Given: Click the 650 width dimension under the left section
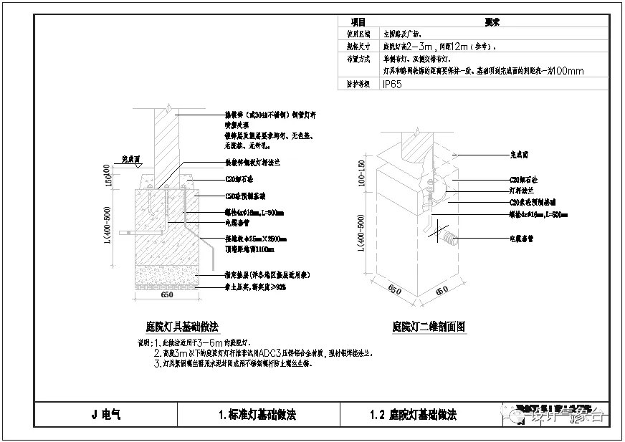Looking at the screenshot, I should [166, 294].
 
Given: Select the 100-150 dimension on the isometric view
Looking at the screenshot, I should [362, 176].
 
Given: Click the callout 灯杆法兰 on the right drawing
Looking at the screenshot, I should [522, 191].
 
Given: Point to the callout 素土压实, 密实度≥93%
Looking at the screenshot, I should [254, 287].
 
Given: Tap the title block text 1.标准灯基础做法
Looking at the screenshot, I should [257, 414].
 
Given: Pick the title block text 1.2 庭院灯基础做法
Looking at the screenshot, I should [413, 414].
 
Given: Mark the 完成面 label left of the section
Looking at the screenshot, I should [130, 158].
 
